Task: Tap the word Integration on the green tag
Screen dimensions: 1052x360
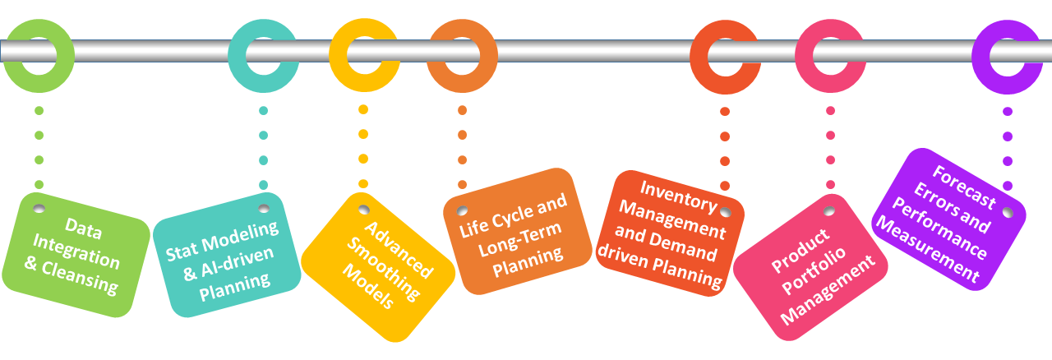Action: click(76, 252)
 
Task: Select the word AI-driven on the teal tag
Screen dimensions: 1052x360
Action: click(237, 263)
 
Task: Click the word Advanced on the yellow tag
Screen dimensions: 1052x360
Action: click(399, 250)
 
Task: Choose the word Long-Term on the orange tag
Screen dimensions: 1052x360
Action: click(520, 239)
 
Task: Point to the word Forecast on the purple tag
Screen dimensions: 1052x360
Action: click(964, 187)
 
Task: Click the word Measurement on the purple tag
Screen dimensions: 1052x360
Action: click(928, 249)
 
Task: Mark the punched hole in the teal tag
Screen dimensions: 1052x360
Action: click(264, 208)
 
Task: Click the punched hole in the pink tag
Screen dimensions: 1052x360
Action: click(829, 211)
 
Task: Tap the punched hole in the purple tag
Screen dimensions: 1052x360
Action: click(1008, 212)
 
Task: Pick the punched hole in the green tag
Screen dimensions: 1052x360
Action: click(39, 208)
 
